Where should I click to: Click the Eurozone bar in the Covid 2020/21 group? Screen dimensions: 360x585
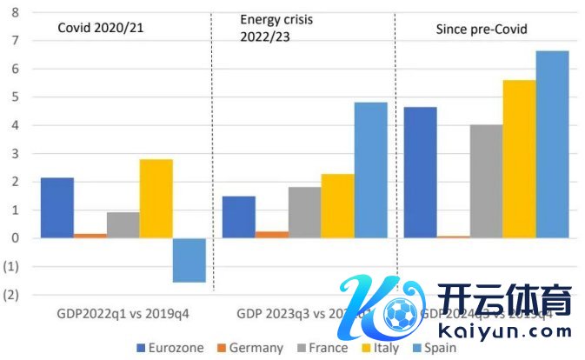click(57, 208)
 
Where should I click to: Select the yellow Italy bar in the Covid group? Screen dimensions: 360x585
click(156, 198)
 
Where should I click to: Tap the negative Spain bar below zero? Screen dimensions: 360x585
click(189, 260)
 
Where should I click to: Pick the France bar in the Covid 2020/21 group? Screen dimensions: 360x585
click(123, 225)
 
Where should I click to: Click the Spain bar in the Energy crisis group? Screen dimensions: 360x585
click(371, 170)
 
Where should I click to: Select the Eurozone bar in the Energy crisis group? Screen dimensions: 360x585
click(239, 217)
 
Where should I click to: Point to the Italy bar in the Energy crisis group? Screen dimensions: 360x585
click(338, 206)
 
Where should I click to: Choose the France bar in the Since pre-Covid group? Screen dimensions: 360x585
click(486, 181)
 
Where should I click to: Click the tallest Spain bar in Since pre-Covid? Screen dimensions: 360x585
click(552, 144)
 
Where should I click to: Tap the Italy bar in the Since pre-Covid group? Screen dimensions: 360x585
click(519, 159)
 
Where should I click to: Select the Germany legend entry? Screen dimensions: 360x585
click(249, 348)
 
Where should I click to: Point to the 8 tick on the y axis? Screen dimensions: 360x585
click(12, 12)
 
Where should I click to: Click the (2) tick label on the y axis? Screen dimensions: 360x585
click(11, 295)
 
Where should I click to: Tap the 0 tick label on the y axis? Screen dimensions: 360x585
click(12, 238)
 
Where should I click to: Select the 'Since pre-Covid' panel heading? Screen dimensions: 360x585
click(481, 30)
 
